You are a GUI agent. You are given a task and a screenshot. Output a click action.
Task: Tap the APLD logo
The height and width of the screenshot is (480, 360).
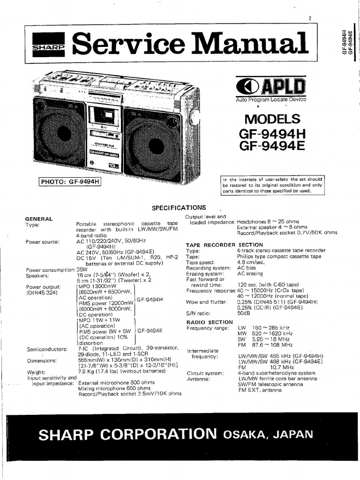[270, 88]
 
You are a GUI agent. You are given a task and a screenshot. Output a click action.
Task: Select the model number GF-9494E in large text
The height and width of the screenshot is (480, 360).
[272, 147]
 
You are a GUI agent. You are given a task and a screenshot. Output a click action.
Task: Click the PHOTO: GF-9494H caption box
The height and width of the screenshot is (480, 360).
[70, 182]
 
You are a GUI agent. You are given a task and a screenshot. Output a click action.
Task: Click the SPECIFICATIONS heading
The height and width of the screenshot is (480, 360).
[179, 208]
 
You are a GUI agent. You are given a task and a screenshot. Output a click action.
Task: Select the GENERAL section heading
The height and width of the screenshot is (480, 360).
[38, 219]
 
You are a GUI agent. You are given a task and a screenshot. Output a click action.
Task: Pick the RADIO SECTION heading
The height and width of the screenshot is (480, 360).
[209, 322]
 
